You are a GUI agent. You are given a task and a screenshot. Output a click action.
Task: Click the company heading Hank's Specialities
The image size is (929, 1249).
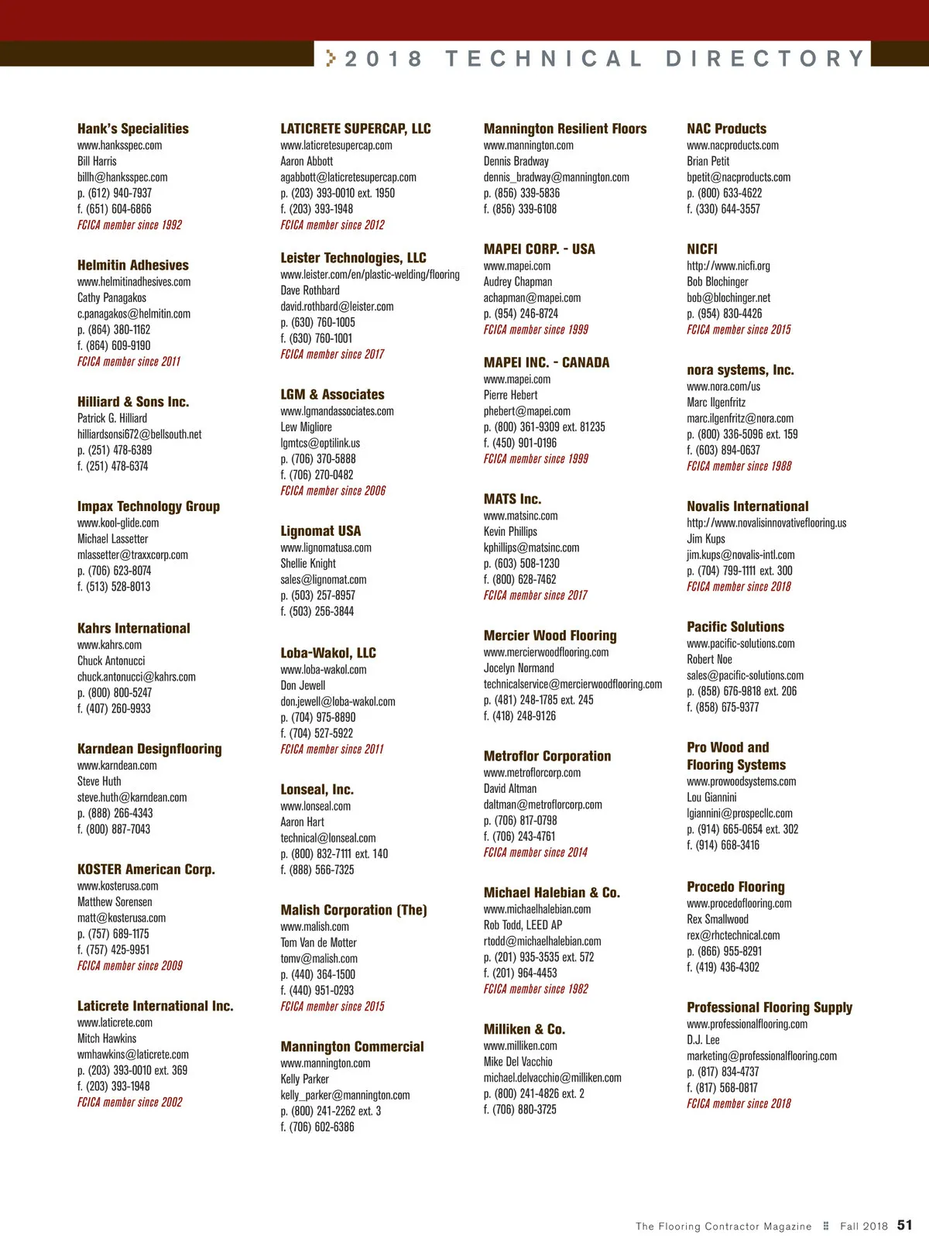[x=132, y=129]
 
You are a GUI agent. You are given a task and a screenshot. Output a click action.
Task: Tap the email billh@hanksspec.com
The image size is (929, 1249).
[x=122, y=177]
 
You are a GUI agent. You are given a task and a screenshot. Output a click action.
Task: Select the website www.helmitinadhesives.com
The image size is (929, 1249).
[x=134, y=282]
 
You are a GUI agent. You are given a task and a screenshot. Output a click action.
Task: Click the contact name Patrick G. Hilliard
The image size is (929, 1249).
[x=112, y=418]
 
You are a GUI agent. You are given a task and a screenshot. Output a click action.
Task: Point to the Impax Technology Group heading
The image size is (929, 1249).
[x=149, y=506]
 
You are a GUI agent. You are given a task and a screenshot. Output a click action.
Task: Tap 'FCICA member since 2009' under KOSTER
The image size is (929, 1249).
[x=130, y=966]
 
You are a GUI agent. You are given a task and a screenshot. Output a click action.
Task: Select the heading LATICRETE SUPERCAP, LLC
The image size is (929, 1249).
[x=355, y=129]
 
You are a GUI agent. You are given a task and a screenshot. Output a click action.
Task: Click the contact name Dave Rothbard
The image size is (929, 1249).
[x=310, y=290]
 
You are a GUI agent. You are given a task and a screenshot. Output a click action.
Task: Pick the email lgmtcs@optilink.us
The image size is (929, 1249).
[x=320, y=443]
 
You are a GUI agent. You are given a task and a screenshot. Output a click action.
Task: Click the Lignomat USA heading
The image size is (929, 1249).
[x=321, y=531]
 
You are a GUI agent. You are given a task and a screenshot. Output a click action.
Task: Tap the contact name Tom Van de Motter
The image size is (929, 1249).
[x=318, y=942]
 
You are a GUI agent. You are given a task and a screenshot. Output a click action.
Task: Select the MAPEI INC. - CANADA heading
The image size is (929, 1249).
[x=547, y=362]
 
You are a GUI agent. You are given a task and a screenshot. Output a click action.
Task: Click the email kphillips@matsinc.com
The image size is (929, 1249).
[x=531, y=547]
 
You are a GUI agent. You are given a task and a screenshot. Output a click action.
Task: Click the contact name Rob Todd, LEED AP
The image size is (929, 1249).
[x=523, y=925]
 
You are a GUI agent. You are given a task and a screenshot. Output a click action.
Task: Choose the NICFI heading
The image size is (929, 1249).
[x=702, y=249]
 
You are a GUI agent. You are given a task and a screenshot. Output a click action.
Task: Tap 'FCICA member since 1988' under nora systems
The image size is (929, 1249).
[x=739, y=466]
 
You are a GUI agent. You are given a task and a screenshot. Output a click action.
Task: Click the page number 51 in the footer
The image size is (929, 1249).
[x=904, y=1225]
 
